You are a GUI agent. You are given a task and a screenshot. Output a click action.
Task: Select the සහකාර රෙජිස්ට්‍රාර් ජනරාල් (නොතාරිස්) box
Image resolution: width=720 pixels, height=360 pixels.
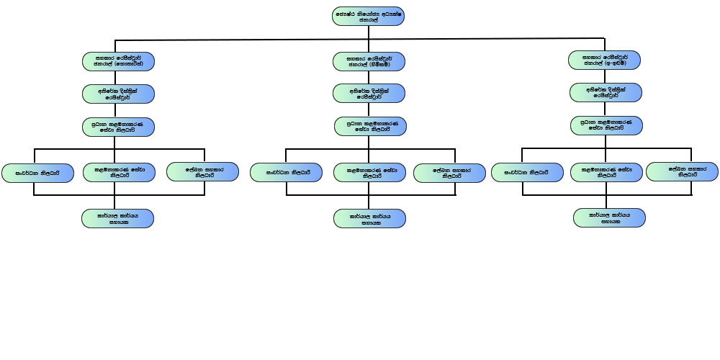117,60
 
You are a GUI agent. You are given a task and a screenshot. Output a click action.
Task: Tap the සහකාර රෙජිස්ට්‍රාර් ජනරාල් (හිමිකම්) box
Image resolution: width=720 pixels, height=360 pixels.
369,61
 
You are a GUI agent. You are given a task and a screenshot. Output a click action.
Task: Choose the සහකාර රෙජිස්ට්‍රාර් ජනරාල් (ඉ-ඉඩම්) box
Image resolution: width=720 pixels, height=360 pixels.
604,60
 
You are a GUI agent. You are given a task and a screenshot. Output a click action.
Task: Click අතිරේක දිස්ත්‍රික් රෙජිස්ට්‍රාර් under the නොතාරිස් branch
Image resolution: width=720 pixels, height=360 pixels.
117,94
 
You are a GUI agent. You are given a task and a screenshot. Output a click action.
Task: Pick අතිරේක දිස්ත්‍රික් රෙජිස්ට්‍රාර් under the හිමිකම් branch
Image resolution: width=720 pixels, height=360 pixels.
369,94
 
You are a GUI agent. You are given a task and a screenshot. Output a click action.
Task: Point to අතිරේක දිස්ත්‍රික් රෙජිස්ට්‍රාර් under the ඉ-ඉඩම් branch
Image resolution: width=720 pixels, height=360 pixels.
606,92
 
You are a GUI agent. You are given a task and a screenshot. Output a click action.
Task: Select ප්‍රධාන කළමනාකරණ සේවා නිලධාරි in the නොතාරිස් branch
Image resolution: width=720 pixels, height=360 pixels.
117,127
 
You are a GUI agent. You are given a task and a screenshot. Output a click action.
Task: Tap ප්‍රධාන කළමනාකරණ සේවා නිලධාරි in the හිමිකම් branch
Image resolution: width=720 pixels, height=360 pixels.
371,127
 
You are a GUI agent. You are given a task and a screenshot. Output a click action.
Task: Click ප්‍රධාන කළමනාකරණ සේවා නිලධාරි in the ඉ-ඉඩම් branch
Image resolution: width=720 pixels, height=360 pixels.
606,125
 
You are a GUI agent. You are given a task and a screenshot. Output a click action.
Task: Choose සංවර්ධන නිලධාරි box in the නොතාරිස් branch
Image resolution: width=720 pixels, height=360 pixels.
38,173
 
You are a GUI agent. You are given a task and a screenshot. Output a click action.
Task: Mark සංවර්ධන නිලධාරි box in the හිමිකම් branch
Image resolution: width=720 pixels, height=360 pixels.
286,173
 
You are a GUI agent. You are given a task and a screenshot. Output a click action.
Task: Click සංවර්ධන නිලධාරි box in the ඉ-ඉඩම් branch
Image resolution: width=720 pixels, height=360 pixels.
527,173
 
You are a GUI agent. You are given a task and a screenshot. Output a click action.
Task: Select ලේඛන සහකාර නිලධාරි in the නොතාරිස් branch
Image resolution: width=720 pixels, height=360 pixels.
202,172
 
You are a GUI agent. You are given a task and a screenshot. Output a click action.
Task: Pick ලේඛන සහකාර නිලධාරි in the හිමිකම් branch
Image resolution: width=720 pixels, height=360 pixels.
449,174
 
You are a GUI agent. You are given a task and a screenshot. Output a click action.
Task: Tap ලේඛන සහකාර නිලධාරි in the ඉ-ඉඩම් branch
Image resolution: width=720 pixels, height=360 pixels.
682,172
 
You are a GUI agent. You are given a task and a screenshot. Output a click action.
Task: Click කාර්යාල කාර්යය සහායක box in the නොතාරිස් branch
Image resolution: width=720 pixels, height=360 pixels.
117,218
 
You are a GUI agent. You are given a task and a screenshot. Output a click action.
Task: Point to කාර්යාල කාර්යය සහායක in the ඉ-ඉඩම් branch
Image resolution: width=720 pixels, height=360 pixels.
610,218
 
